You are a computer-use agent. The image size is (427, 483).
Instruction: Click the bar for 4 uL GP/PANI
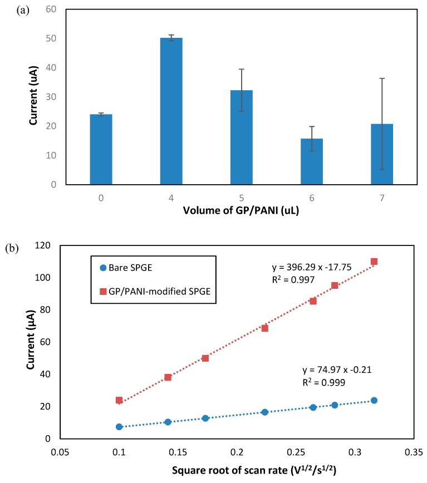(171, 111)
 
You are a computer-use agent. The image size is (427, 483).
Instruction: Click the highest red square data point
(374, 262)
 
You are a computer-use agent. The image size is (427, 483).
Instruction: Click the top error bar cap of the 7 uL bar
(382, 78)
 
